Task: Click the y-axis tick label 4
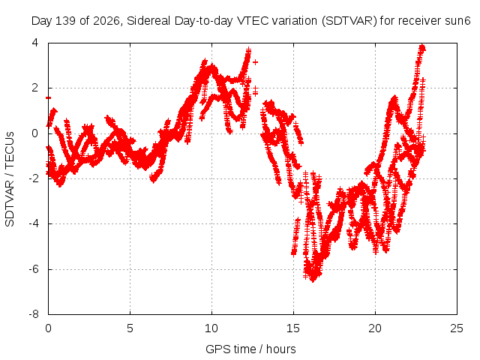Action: [35, 43]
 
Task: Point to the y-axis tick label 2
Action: [35, 88]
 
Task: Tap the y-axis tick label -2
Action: [34, 178]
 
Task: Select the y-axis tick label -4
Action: [34, 223]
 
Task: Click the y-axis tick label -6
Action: [34, 269]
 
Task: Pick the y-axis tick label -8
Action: [34, 314]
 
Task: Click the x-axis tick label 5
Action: [130, 328]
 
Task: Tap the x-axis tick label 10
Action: [211, 328]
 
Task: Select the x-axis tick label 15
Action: [293, 328]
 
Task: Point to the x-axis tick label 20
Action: [375, 328]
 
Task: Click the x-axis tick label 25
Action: [457, 328]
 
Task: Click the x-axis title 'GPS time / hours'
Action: [250, 349]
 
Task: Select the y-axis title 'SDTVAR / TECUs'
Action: [10, 179]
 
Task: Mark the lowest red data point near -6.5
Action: [313, 280]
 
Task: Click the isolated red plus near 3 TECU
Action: [255, 62]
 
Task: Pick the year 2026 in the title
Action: [106, 21]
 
